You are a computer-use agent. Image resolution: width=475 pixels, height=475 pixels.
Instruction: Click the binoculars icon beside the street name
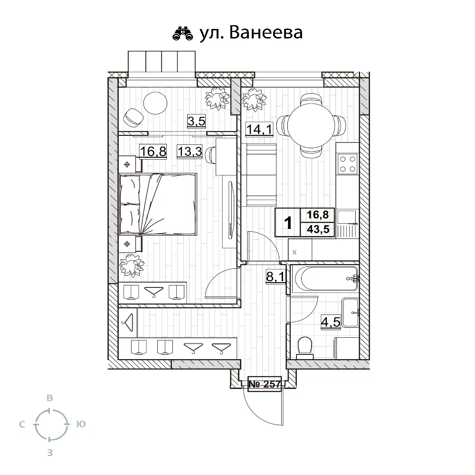183,33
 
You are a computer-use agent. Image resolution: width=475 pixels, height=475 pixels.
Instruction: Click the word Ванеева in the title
266,33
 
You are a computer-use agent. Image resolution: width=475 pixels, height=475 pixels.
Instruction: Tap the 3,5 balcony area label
196,121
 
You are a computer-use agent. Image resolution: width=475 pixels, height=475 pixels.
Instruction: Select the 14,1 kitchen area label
259,129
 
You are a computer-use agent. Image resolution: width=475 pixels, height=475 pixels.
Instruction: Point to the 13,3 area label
190,151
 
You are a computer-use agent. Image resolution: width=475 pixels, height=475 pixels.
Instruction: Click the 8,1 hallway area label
275,276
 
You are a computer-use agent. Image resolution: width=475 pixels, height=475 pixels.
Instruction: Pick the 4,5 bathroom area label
331,322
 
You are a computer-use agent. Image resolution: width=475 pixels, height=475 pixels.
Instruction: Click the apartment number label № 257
265,384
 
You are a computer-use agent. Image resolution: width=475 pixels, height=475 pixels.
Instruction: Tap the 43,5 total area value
318,229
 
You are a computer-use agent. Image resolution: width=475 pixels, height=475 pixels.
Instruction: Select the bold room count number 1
288,223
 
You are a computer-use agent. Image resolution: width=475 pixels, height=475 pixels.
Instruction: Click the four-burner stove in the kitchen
348,164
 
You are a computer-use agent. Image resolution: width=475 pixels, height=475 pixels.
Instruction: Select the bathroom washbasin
350,313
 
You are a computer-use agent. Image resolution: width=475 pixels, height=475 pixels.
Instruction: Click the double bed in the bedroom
158,204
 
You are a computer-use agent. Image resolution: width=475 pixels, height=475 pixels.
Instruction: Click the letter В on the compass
50,398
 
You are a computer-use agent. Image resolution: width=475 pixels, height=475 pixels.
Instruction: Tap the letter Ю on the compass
81,424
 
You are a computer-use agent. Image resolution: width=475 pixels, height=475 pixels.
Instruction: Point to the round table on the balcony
155,103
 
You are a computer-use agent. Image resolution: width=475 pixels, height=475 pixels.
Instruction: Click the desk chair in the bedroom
210,155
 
